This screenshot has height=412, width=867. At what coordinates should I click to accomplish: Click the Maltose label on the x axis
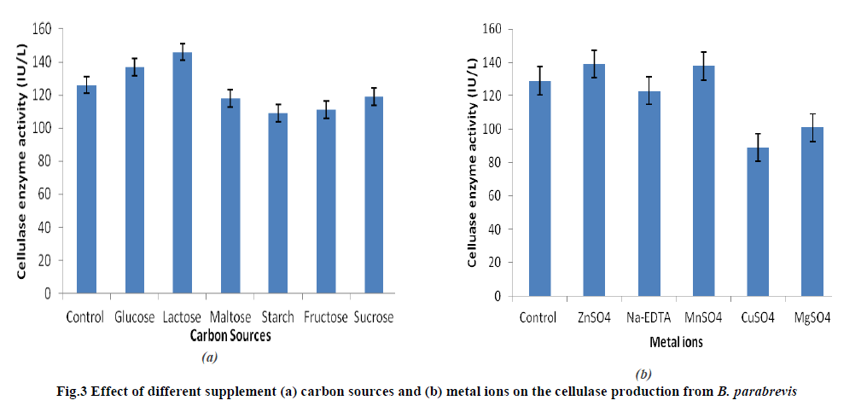(230, 317)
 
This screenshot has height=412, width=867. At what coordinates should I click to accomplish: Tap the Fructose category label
(326, 317)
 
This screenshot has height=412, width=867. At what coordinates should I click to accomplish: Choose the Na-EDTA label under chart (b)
(648, 318)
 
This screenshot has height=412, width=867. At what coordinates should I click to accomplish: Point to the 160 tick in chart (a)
(41, 29)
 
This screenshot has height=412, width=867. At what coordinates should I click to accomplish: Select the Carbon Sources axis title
(230, 336)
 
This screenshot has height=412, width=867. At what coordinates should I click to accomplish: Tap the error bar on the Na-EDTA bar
(648, 90)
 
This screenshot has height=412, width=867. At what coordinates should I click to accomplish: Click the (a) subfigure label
(210, 358)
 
